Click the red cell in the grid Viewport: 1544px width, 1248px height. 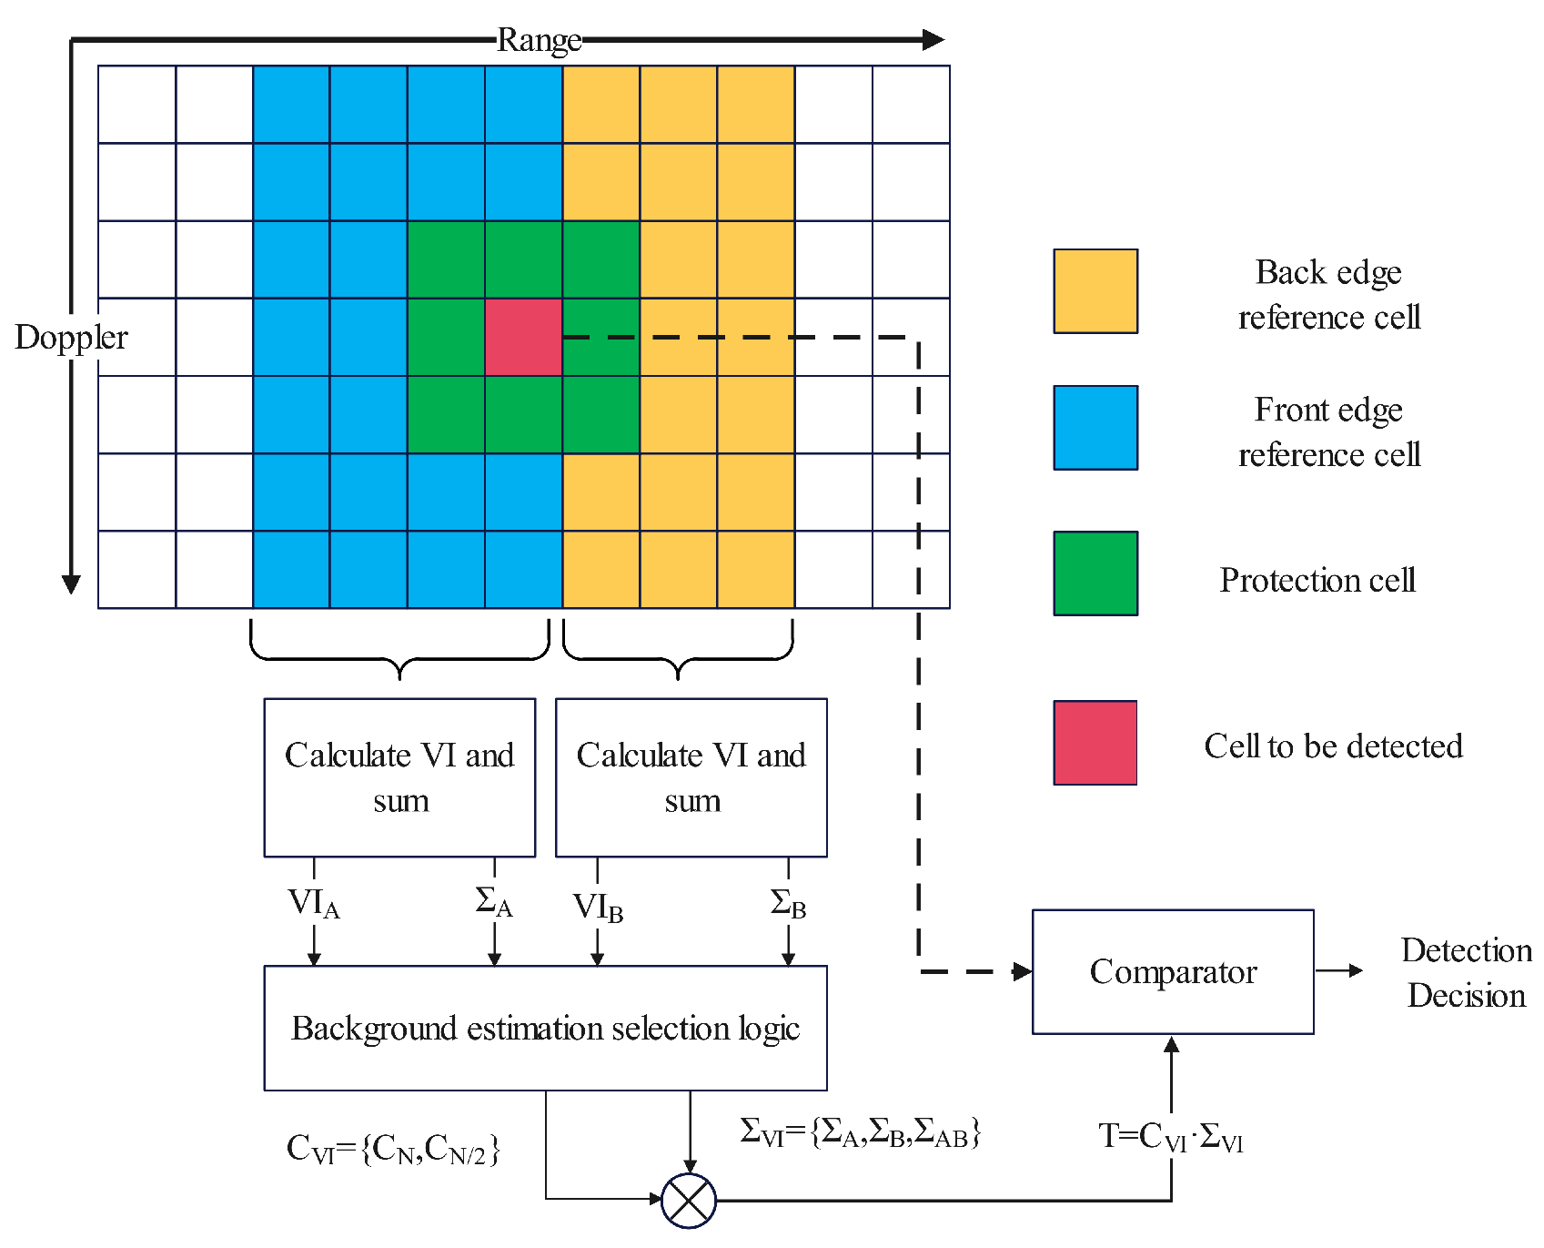pos(523,337)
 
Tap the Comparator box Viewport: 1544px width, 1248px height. pos(1172,971)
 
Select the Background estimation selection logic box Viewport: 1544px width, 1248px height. pos(545,1028)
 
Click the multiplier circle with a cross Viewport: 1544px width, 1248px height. pos(689,1201)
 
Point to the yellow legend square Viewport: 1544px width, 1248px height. pos(1095,291)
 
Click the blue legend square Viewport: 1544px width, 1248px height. pos(1095,428)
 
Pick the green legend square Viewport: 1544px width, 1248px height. pos(1095,573)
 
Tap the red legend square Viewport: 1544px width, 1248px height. pos(1095,743)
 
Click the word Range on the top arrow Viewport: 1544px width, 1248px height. pos(539,40)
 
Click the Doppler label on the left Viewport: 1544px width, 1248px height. pos(71,338)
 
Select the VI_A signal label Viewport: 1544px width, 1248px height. pos(313,904)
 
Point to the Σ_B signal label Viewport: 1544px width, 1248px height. pos(788,904)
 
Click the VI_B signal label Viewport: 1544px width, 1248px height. pos(598,908)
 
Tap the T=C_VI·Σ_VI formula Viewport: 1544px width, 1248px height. pos(1170,1137)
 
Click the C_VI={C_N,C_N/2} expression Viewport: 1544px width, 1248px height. pos(393,1150)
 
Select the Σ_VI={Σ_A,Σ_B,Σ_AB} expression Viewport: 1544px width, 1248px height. pos(860,1132)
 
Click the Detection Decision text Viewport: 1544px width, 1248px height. pos(1466,972)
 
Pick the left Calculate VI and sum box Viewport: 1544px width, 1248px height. pos(399,777)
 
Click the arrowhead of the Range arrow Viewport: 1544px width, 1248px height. pos(933,40)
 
